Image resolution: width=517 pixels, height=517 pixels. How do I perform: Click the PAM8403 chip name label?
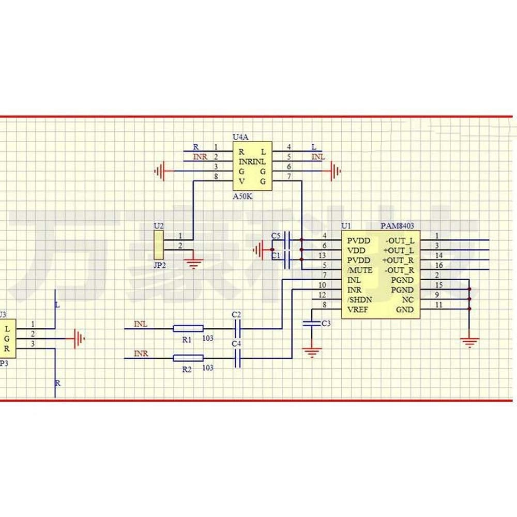397,226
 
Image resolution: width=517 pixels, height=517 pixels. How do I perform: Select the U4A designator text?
240,137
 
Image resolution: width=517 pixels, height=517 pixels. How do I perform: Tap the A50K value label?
243,197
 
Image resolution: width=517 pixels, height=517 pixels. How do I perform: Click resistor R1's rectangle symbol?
188,328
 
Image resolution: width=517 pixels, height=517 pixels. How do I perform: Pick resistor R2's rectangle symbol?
188,358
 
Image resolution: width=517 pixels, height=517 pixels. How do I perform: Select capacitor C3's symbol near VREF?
311,323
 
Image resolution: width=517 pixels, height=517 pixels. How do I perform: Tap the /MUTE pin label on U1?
359,270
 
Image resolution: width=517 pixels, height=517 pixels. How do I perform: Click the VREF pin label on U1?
358,309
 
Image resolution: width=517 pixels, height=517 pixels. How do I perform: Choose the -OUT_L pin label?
399,240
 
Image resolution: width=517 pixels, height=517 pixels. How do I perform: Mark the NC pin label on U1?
408,299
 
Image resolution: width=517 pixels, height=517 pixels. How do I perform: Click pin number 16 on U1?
439,265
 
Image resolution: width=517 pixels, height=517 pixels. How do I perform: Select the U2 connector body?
159,245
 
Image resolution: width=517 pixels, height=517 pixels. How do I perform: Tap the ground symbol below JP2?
194,264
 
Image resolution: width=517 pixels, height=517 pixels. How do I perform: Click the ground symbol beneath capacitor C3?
311,353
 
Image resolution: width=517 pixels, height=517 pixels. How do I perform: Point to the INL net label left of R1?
141,324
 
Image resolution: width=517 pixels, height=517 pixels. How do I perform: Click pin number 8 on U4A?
216,177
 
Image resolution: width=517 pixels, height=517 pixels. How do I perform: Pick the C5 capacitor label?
275,236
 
